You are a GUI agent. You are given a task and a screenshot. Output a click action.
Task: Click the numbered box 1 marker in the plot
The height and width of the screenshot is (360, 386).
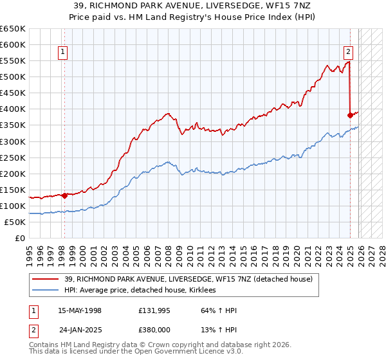point(64,53)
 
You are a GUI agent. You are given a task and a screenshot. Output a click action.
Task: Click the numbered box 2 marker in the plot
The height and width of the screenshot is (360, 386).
point(348,53)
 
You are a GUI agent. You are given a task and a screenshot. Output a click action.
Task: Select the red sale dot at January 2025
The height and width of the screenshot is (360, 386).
point(350,116)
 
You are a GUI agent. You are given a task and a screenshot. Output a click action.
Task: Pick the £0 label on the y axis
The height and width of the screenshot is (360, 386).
point(20,238)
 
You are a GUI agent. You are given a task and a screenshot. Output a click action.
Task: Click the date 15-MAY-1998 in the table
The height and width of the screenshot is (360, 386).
point(80,310)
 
